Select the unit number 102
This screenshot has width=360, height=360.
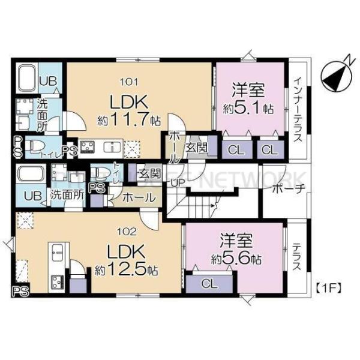pyautogui.click(x=131, y=230)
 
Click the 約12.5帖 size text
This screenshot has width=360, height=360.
pyautogui.click(x=125, y=270)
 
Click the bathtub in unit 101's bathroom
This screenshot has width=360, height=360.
pyautogui.click(x=27, y=77)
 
